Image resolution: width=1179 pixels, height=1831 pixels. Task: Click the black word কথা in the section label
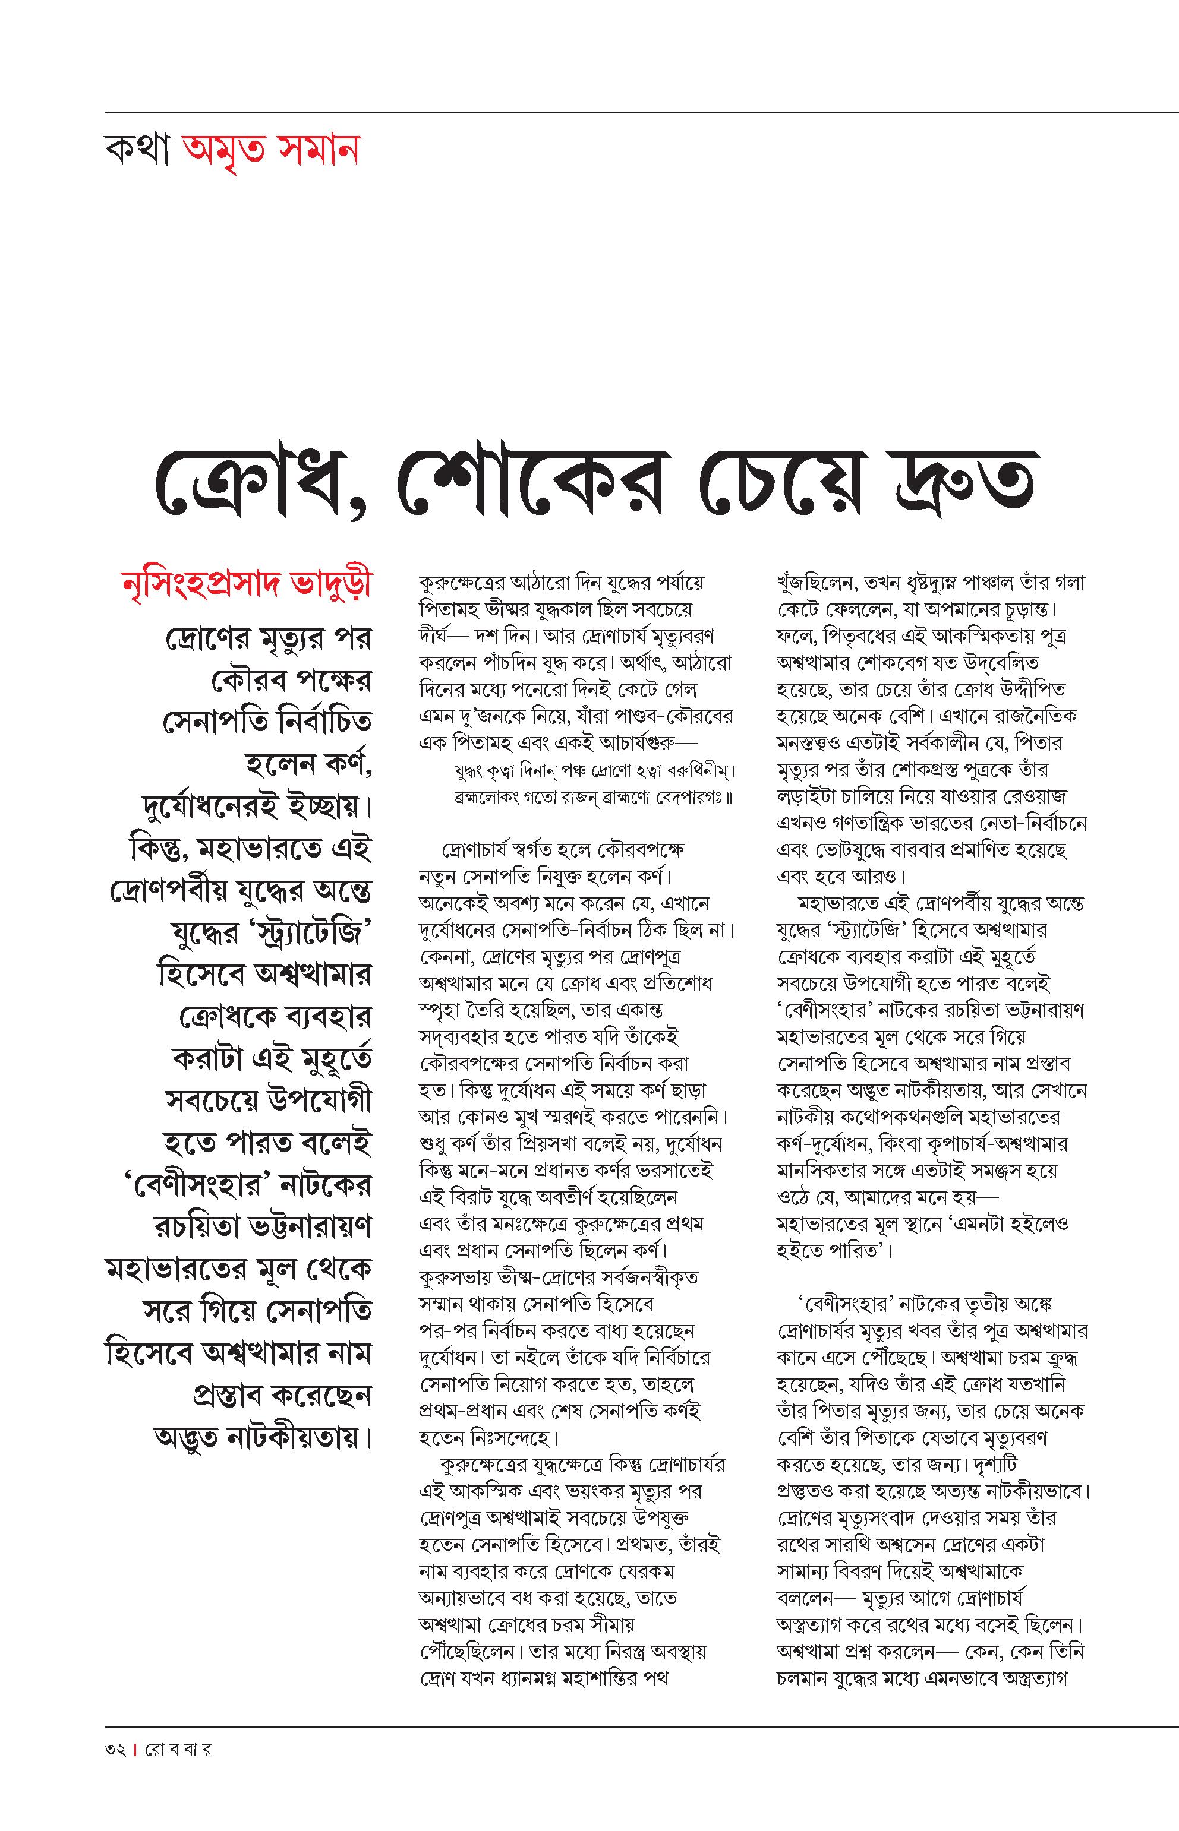click(138, 151)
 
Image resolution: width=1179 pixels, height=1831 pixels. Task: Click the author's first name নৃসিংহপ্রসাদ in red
click(201, 586)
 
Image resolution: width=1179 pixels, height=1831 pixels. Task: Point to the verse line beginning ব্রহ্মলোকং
click(589, 797)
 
